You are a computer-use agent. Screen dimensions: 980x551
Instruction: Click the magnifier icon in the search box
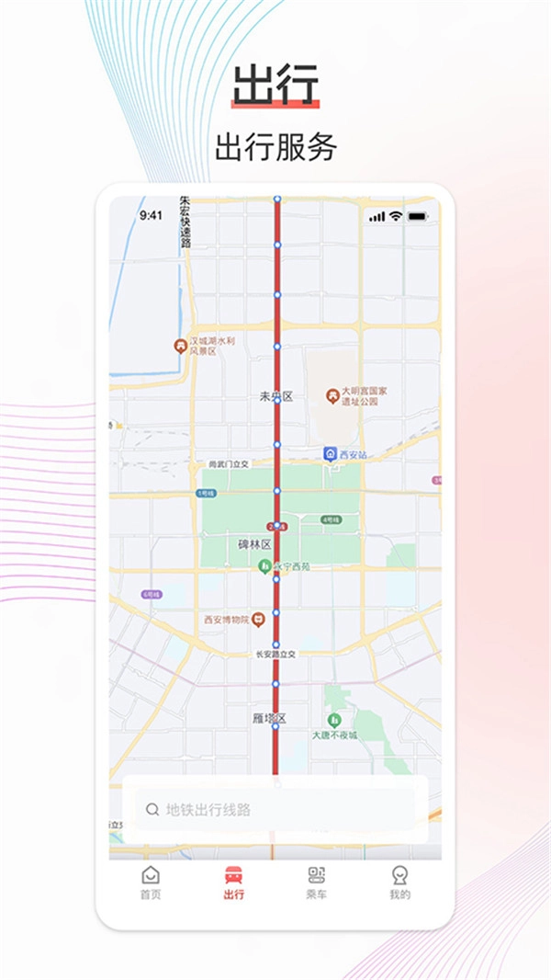[152, 810]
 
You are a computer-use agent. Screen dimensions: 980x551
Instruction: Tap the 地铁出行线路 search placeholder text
[208, 810]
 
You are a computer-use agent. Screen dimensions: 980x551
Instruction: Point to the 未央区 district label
[275, 396]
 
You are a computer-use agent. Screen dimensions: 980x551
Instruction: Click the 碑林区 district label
[254, 544]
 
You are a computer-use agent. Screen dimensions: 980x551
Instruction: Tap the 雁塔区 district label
[269, 717]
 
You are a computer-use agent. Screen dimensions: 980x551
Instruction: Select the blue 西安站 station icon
[330, 454]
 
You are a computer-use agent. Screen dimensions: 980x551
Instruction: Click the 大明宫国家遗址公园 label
[368, 396]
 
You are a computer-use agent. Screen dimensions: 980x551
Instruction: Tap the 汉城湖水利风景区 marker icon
[180, 346]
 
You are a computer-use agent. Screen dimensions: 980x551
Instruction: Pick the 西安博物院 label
[227, 619]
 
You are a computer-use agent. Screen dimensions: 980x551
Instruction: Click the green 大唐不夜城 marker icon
[333, 719]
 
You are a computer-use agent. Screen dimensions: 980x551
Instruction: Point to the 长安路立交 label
[275, 655]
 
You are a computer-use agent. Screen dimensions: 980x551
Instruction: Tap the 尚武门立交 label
[230, 465]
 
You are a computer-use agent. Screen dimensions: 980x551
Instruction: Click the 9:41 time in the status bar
[151, 215]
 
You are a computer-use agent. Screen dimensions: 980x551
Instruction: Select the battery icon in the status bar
[418, 216]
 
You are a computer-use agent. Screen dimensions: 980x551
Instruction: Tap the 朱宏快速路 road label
[185, 222]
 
